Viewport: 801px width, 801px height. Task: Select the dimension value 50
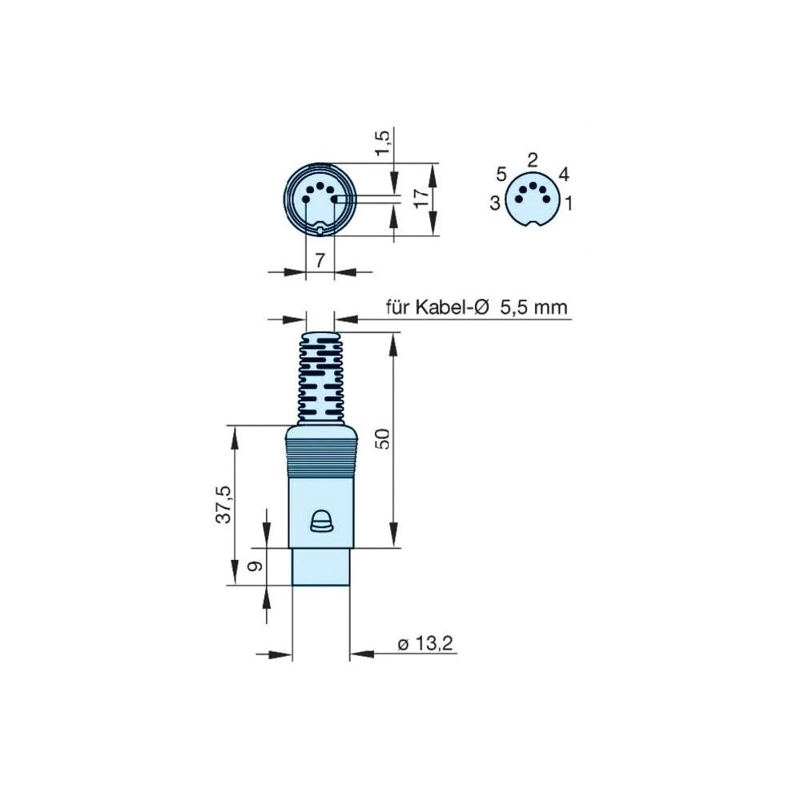point(384,438)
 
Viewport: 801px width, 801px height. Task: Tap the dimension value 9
point(255,566)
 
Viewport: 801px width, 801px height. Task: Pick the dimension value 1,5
point(384,141)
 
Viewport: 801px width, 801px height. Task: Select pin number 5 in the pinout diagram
point(501,174)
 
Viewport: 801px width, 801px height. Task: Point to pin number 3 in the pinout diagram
point(495,203)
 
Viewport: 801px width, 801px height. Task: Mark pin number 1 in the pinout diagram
point(569,203)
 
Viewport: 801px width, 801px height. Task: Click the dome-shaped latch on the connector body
point(320,521)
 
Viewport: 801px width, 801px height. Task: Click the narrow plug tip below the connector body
point(320,566)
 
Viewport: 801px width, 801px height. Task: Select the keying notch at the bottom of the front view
point(320,231)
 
